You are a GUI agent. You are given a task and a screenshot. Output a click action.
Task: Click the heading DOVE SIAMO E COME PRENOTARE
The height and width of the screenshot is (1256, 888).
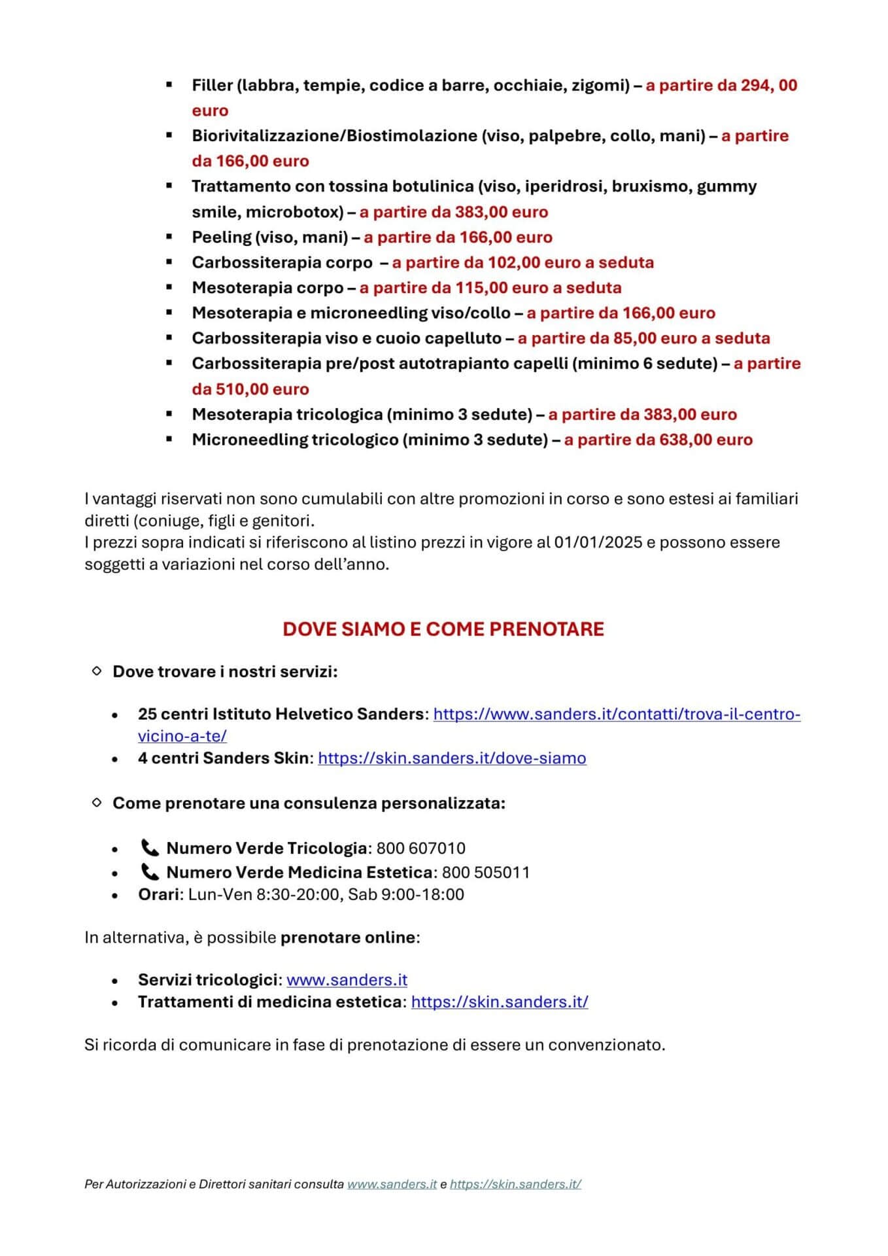tap(443, 629)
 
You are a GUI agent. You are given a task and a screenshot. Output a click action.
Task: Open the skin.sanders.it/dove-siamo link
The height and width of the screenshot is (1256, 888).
tap(452, 758)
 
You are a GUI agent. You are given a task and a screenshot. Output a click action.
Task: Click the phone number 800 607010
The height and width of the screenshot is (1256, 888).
tap(421, 848)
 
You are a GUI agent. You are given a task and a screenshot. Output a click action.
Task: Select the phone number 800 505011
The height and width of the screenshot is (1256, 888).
tap(486, 873)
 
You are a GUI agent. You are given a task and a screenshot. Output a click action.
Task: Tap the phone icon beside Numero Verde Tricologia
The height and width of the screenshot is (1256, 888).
tap(150, 848)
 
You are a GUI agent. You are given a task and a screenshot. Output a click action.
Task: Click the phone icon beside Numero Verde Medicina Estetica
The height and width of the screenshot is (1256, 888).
tap(150, 873)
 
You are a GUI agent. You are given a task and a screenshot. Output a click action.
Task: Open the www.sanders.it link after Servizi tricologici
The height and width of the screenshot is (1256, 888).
tap(347, 980)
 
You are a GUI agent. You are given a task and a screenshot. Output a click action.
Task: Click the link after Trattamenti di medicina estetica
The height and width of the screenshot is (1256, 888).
tap(500, 1002)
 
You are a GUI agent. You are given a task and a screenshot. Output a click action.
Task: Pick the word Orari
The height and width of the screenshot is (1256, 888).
tap(158, 895)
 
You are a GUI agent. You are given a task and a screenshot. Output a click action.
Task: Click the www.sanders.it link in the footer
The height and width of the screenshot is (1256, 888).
tap(392, 1184)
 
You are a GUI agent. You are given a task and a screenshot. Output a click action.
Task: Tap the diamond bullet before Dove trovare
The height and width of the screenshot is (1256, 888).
tap(97, 671)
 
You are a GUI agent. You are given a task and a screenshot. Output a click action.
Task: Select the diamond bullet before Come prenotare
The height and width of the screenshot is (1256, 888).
tap(97, 803)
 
